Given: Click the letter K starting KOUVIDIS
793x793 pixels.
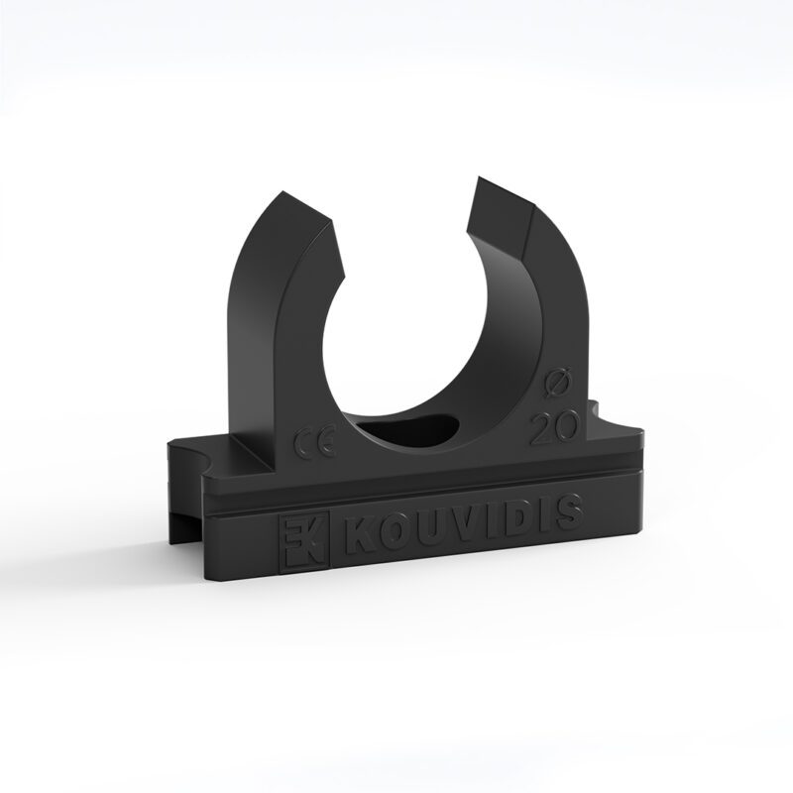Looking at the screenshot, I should tap(358, 536).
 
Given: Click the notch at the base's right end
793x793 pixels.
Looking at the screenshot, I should tap(598, 409).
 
